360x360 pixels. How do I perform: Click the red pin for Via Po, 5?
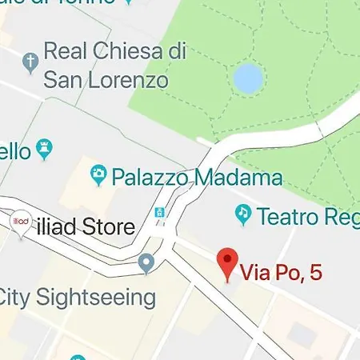pyautogui.click(x=229, y=263)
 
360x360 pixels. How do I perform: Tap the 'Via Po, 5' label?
pyautogui.click(x=283, y=273)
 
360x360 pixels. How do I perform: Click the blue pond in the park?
pyautogui.click(x=247, y=78)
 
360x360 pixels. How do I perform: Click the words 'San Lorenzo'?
pyautogui.click(x=106, y=80)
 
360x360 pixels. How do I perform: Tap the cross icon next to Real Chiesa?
pyautogui.click(x=30, y=61)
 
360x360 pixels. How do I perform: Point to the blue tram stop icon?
pyautogui.click(x=160, y=213)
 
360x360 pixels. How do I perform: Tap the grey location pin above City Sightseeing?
pyautogui.click(x=146, y=262)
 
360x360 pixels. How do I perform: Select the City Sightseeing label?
pyautogui.click(x=77, y=298)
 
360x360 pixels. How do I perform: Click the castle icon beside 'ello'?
pyautogui.click(x=45, y=149)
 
